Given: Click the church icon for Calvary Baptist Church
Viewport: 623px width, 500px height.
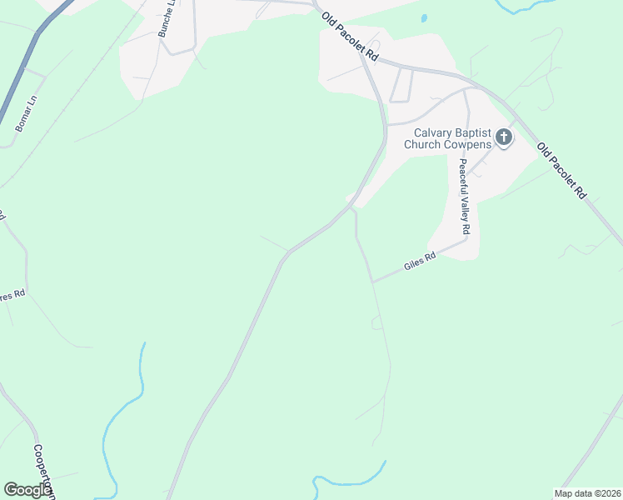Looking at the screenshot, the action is (x=504, y=137).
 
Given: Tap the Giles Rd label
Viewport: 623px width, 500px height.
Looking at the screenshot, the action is (x=420, y=262).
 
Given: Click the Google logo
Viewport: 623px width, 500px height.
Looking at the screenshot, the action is (x=28, y=489).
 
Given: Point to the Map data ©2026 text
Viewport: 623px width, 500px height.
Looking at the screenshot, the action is (x=587, y=493).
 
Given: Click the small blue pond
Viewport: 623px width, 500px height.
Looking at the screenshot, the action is (x=424, y=18).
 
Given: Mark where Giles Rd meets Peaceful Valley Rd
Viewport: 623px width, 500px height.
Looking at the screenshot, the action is (x=465, y=242).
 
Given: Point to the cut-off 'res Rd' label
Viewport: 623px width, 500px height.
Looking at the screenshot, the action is (x=12, y=294).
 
